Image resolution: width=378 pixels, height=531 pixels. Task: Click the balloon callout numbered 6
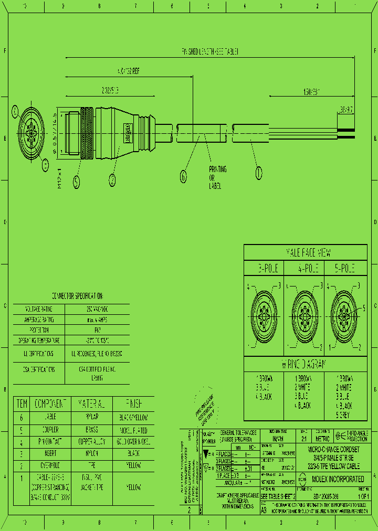(x=183, y=177)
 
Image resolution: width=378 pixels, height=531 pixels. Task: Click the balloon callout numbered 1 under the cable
(x=258, y=172)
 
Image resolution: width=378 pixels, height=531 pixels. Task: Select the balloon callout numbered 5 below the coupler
(x=77, y=182)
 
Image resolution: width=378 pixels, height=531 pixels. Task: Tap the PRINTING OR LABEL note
(x=218, y=177)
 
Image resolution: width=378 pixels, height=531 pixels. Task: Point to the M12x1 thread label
(x=60, y=178)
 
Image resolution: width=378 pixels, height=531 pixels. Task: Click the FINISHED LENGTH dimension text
(x=211, y=51)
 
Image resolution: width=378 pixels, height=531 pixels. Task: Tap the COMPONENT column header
(x=52, y=404)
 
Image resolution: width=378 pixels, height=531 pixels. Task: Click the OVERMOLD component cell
(x=52, y=465)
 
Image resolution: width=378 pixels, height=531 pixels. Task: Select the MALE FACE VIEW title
(x=308, y=253)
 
